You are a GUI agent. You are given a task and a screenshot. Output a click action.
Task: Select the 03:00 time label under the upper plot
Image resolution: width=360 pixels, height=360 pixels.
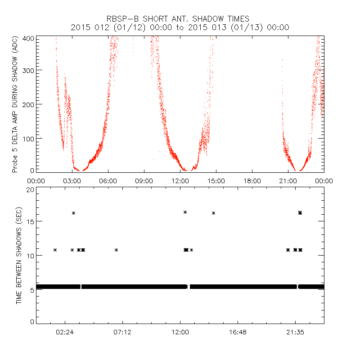[x=72, y=181]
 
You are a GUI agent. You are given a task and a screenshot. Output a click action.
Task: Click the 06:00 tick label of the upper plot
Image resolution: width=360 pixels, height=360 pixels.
[x=108, y=181]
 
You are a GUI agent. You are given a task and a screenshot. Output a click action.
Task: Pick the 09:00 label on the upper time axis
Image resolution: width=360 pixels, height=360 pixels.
[x=144, y=181]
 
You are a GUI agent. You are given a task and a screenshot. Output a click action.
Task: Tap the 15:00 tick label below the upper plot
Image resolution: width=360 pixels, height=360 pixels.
[x=216, y=181]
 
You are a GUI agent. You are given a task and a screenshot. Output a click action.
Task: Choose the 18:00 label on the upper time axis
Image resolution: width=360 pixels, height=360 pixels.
[x=252, y=181]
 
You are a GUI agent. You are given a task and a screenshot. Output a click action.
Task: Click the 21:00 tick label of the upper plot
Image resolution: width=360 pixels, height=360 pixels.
[x=288, y=181]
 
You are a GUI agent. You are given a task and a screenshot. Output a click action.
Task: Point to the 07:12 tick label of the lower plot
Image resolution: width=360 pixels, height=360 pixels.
[x=122, y=332]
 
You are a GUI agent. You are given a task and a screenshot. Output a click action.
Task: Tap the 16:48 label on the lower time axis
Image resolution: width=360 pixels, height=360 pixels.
[x=238, y=332]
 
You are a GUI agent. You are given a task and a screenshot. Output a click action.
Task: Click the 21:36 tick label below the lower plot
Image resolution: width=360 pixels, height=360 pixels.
[x=295, y=332]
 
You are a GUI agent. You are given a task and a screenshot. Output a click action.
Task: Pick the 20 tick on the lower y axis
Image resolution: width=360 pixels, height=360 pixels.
[x=31, y=190]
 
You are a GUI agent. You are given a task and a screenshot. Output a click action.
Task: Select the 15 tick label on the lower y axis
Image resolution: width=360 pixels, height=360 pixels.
[x=31, y=221]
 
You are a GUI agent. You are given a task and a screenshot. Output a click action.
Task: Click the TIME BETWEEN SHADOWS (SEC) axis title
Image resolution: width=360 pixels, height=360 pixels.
[x=19, y=255]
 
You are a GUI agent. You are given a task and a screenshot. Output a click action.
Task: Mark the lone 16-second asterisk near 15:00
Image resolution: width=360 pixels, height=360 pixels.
[x=214, y=213]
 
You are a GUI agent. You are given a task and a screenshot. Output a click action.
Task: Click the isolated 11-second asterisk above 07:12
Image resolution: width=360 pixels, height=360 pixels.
[x=116, y=250]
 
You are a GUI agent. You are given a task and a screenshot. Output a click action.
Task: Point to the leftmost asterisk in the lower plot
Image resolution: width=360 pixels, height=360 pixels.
[x=55, y=250]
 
